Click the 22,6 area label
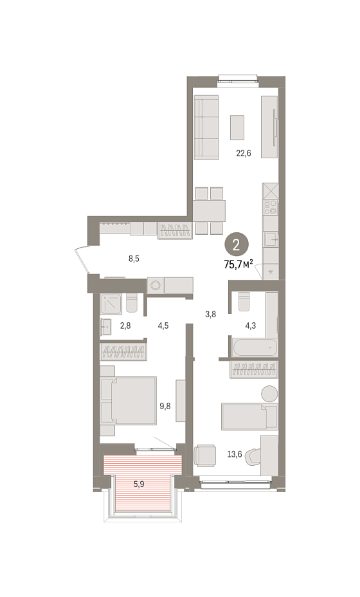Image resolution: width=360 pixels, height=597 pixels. click(x=244, y=154)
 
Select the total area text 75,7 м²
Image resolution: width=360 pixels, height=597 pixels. click(x=239, y=264)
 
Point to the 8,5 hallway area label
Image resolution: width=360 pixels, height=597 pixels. click(x=134, y=259)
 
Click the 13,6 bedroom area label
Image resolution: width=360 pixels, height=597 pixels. click(x=235, y=454)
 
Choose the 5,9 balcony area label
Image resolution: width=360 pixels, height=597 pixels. click(x=138, y=484)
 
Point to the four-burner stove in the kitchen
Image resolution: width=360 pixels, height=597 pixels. click(x=271, y=208)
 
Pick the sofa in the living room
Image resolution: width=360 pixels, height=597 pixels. click(x=206, y=127)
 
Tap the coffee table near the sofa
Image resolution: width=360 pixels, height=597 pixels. click(x=237, y=127)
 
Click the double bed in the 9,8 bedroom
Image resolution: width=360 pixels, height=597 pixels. click(x=129, y=401)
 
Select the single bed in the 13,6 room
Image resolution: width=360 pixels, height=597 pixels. click(x=249, y=416)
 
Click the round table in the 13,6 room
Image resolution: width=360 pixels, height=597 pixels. click(x=270, y=393)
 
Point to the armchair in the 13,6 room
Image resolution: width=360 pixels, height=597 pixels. click(x=205, y=455)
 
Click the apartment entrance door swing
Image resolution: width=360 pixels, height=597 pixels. click(x=82, y=261)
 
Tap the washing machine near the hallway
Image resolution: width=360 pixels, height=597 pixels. click(x=156, y=285)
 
